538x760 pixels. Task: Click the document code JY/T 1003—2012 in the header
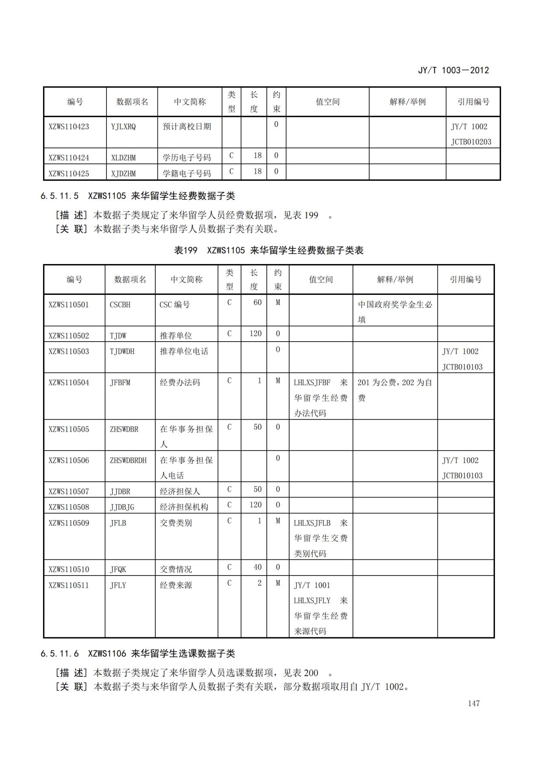[453, 70]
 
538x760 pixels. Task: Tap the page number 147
[473, 703]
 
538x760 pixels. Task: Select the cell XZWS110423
[69, 127]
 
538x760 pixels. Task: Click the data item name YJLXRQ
[123, 127]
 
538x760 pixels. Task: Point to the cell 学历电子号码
[187, 158]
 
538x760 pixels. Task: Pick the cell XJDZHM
[123, 173]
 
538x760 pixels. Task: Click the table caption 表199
[185, 250]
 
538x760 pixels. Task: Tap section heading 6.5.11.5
[59, 196]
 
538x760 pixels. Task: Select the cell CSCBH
[120, 305]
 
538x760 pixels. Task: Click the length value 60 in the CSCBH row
[257, 303]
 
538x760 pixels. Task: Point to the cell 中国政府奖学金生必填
[394, 312]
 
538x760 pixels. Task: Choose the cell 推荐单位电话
[184, 351]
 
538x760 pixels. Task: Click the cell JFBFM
[120, 383]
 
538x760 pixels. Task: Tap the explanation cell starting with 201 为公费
[394, 390]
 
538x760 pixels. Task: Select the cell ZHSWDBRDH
[128, 460]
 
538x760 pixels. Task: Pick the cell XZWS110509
[69, 523]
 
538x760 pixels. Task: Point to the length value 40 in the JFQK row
[257, 567]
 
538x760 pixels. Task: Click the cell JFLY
[118, 585]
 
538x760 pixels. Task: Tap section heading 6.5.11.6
[59, 654]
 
